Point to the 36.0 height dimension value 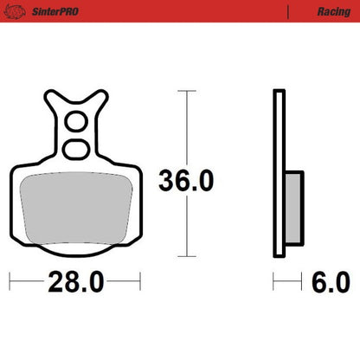(x=185, y=181)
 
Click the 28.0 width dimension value (x=74, y=281)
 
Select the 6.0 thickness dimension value (x=330, y=281)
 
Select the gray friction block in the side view (x=292, y=202)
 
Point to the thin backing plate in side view (x=278, y=173)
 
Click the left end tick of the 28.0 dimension (x=10, y=281)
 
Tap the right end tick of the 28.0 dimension (x=139, y=281)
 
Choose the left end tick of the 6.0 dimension (x=274, y=281)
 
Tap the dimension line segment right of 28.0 (x=123, y=281)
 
